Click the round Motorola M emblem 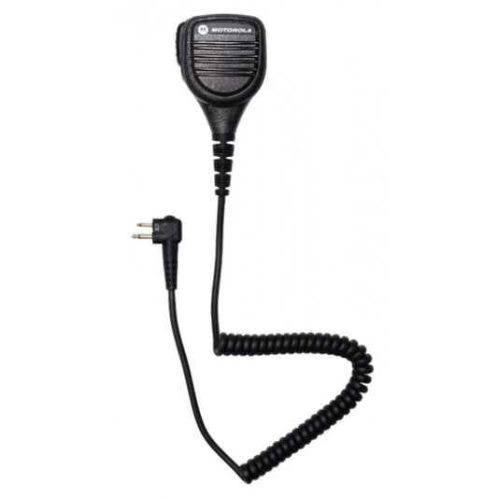pos(203,30)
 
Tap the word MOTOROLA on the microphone pos(231,30)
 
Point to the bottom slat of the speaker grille pos(223,74)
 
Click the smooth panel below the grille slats pos(223,85)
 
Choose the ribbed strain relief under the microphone pos(222,164)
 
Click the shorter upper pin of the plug pos(145,225)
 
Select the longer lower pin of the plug pos(143,236)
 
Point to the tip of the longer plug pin pos(133,236)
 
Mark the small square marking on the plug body pos(158,226)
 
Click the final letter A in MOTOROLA pos(249,31)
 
